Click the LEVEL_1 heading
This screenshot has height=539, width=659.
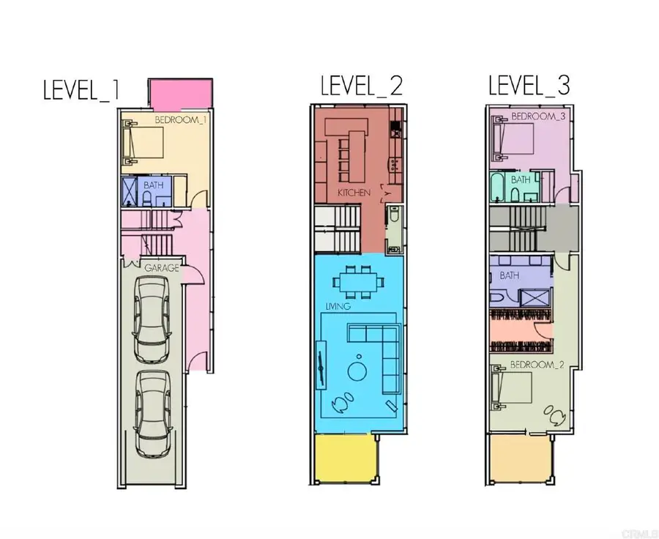pos(81,90)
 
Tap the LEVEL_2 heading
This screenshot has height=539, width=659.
pos(362,86)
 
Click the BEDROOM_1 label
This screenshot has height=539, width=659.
pos(181,120)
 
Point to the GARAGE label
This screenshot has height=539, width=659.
pos(162,268)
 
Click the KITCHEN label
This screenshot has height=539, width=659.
pos(354,193)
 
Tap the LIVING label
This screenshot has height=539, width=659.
pos(338,306)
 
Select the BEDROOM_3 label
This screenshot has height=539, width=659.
pos(538,116)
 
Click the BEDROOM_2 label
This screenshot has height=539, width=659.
pos(537,365)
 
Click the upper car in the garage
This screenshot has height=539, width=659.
pos(152,321)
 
